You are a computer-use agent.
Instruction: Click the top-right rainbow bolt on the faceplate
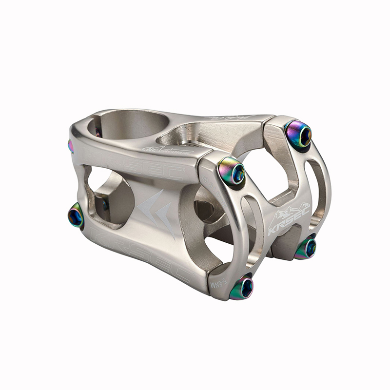299,134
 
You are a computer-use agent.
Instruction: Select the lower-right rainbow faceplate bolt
306,248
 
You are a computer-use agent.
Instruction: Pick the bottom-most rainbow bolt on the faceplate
242,287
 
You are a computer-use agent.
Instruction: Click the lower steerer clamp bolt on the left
76,216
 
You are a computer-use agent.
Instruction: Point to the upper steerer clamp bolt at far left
71,145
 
